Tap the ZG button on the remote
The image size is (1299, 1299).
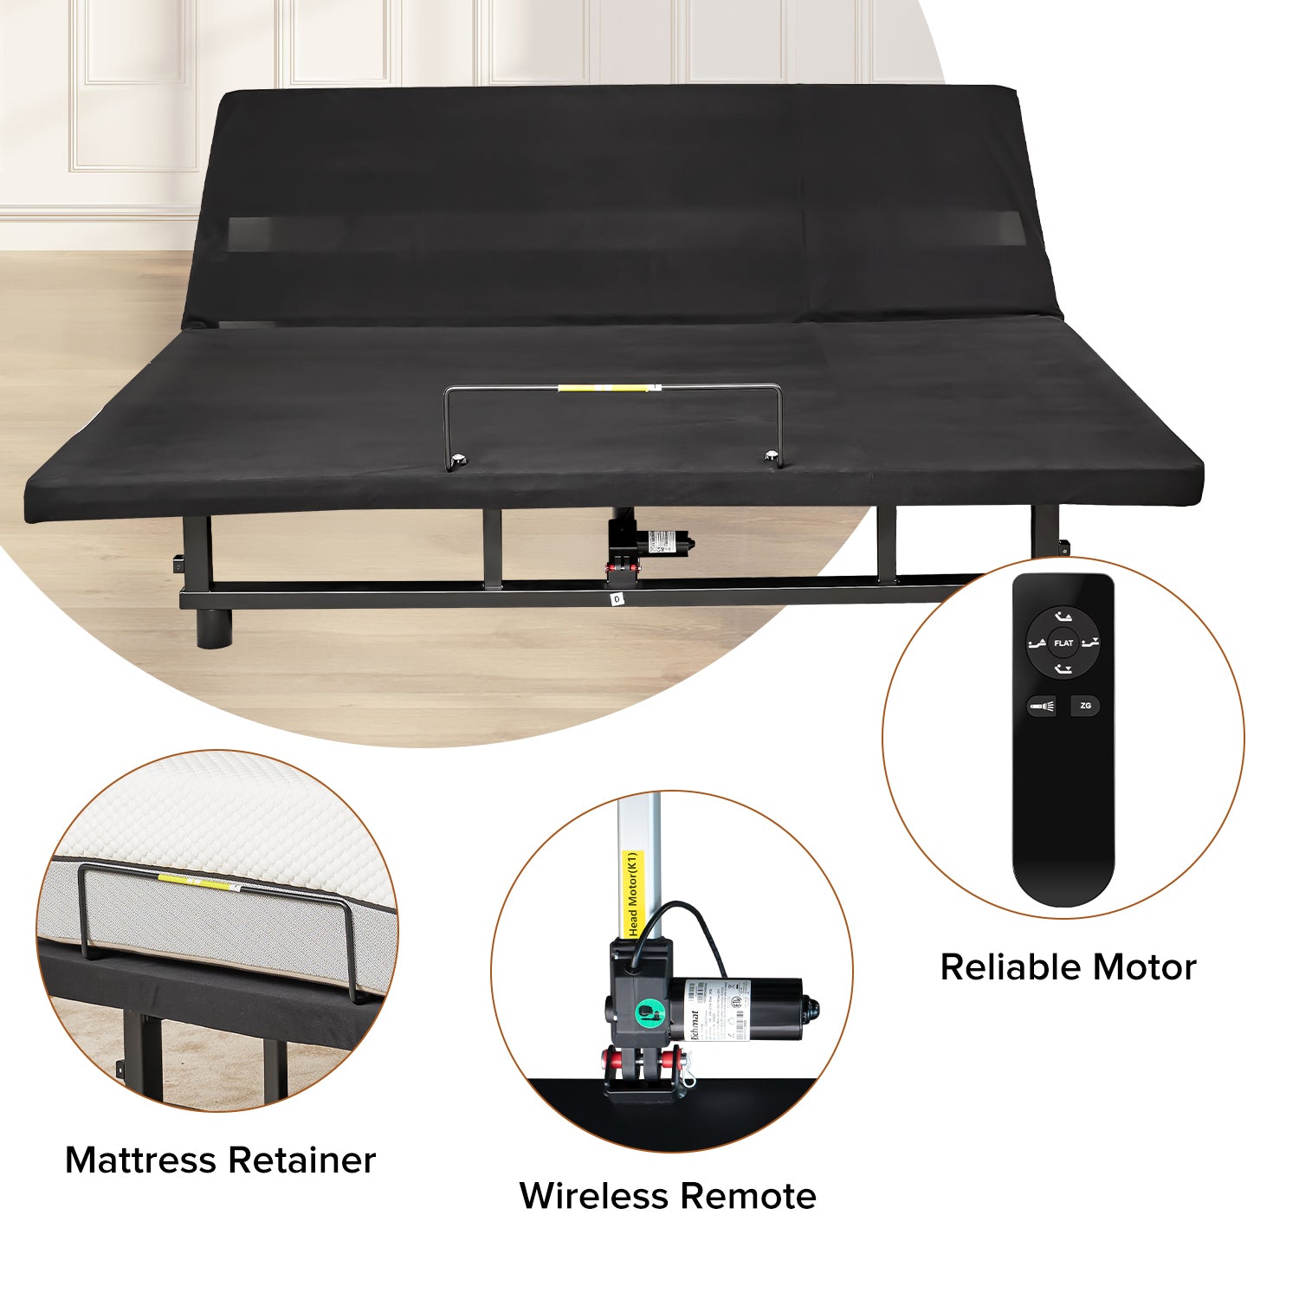coord(1085,706)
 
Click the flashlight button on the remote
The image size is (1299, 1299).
coord(1041,707)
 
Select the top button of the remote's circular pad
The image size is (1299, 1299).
coord(1063,617)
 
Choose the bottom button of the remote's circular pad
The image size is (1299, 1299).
coord(1063,669)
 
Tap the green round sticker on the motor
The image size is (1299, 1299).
coord(647,1011)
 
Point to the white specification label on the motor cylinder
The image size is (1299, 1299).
coord(719,1009)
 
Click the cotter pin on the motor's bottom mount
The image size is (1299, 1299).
coord(689,1077)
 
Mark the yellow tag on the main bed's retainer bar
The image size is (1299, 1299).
coord(603,388)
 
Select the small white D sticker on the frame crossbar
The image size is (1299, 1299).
coord(617,598)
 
